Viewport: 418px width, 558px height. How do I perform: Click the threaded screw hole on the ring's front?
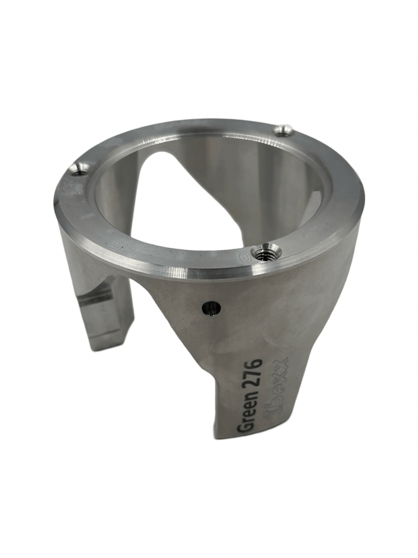[x=267, y=252]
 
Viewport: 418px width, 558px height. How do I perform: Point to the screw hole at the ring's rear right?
[x=283, y=130]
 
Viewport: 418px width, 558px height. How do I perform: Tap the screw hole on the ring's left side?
[x=79, y=169]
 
